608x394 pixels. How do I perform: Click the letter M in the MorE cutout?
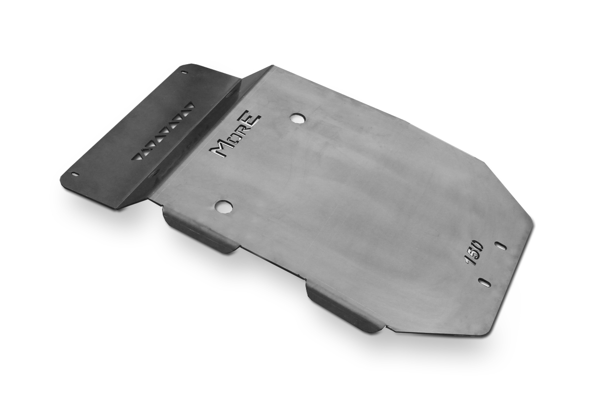click(221, 149)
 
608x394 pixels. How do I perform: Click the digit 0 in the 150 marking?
click(478, 245)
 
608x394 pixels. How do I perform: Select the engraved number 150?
click(473, 252)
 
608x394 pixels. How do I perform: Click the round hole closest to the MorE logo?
click(298, 118)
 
